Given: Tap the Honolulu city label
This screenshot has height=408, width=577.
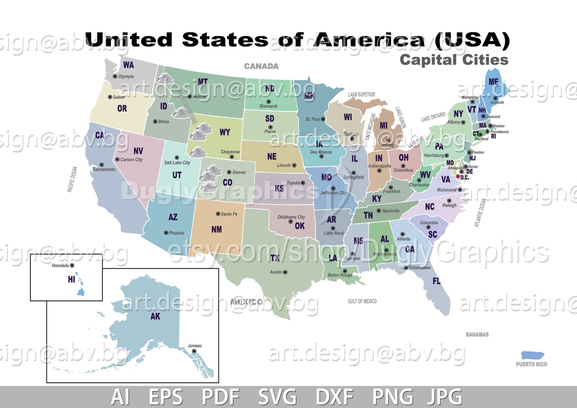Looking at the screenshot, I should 60,266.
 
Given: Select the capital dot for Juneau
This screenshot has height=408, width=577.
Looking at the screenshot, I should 194,351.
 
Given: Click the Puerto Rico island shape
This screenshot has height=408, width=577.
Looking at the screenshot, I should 532,355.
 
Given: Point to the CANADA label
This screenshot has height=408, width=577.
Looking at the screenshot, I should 261,66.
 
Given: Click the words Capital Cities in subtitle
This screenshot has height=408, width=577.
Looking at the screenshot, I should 454,60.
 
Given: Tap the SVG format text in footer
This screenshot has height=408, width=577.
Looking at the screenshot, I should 277,397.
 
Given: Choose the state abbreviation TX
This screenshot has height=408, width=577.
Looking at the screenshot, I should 275,258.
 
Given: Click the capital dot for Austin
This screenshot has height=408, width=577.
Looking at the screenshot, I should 285,272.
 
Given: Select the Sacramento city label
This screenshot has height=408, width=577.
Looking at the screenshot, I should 104,170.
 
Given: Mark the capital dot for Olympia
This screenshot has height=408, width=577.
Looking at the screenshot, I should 115,76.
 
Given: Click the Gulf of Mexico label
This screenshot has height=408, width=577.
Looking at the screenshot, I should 362,301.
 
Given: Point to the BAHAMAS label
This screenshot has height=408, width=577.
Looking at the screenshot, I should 477,335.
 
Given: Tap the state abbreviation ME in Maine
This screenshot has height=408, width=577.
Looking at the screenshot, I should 494,82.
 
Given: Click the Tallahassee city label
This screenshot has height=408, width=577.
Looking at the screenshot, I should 419,268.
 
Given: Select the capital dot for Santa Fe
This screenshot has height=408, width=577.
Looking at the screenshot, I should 218,214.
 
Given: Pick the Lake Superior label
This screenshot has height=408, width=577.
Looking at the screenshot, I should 361,94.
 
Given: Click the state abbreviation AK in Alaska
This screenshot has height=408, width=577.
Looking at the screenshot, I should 155,316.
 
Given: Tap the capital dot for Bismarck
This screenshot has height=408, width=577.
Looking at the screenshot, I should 269,102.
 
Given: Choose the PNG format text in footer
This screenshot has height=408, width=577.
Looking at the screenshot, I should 393,397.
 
